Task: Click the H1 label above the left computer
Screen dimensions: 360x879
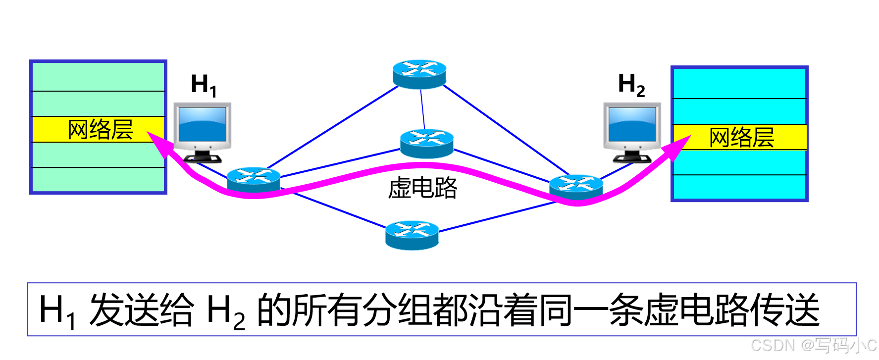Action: pyautogui.click(x=204, y=85)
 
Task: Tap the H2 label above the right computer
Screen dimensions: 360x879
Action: pyautogui.click(x=631, y=85)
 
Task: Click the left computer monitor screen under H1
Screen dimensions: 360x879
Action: pyautogui.click(x=203, y=125)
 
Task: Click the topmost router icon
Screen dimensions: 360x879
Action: pyautogui.click(x=419, y=74)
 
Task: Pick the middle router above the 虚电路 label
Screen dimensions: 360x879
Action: pyautogui.click(x=426, y=143)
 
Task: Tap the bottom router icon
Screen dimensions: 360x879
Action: pyautogui.click(x=412, y=235)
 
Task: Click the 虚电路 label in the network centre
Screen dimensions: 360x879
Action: pyautogui.click(x=422, y=188)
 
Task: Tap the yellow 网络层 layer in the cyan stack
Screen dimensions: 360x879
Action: pyautogui.click(x=740, y=137)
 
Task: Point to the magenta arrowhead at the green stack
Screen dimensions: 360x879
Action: pyautogui.click(x=156, y=141)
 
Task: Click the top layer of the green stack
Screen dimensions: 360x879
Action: pyautogui.click(x=98, y=77)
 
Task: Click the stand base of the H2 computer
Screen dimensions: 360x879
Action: pyautogui.click(x=632, y=159)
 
